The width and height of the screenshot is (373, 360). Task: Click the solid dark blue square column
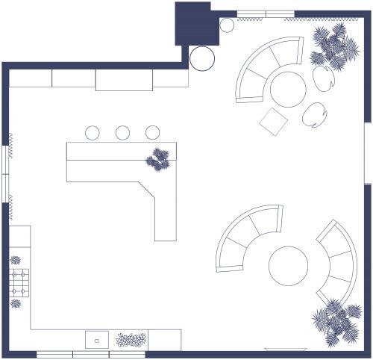194,24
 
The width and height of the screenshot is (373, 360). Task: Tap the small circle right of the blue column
227,25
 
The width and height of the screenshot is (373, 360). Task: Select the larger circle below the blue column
202,58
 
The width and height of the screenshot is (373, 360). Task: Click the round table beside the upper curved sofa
287,89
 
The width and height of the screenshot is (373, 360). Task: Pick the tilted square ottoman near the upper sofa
272,120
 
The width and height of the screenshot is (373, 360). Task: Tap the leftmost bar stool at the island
93,133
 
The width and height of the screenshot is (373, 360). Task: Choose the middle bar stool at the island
122,133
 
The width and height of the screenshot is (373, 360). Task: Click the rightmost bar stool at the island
152,133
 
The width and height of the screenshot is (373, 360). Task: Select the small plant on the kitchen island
158,160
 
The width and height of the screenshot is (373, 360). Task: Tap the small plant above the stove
16,261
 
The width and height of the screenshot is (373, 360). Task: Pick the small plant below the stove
16,303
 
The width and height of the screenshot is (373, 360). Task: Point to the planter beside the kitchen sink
130,341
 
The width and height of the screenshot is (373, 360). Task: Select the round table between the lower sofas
288,266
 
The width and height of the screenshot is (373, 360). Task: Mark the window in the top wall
265,13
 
